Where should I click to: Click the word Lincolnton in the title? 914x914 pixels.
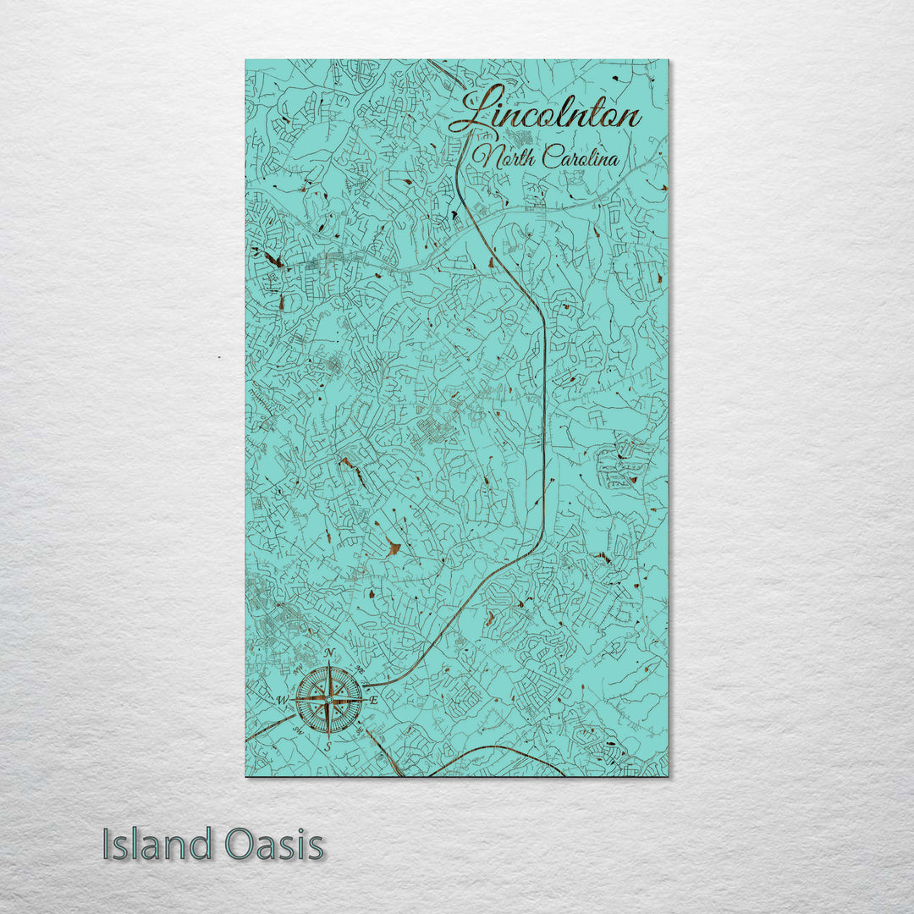pyautogui.click(x=550, y=113)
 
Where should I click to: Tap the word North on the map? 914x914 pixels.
pyautogui.click(x=504, y=157)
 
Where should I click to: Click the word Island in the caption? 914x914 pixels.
pyautogui.click(x=157, y=845)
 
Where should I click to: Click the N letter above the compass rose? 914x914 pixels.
pyautogui.click(x=330, y=652)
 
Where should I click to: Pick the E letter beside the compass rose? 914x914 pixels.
pyautogui.click(x=374, y=701)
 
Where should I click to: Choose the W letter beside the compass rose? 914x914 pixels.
pyautogui.click(x=283, y=700)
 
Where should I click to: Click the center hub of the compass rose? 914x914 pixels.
pyautogui.click(x=328, y=699)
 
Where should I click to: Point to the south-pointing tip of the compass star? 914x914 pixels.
pyautogui.click(x=328, y=735)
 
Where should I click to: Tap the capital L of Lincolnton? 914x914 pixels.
pyautogui.click(x=479, y=110)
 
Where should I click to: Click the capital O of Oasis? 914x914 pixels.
pyautogui.click(x=240, y=845)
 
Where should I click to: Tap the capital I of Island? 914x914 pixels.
pyautogui.click(x=107, y=845)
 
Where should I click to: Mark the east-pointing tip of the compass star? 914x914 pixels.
pyautogui.click(x=364, y=699)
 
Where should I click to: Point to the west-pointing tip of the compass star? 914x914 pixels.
pyautogui.click(x=293, y=700)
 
